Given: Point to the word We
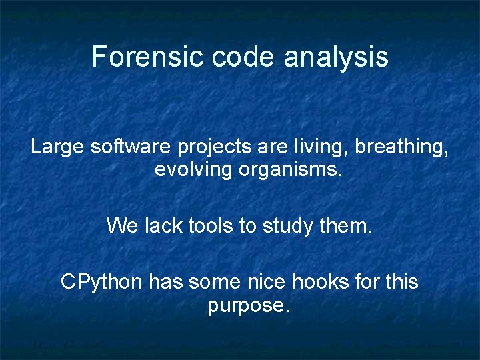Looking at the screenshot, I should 122,226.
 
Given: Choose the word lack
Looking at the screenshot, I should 163,226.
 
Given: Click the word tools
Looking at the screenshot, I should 211,226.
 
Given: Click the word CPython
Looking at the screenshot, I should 101,283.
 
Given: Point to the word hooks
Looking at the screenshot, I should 325,282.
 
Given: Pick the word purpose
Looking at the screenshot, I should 249,307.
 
